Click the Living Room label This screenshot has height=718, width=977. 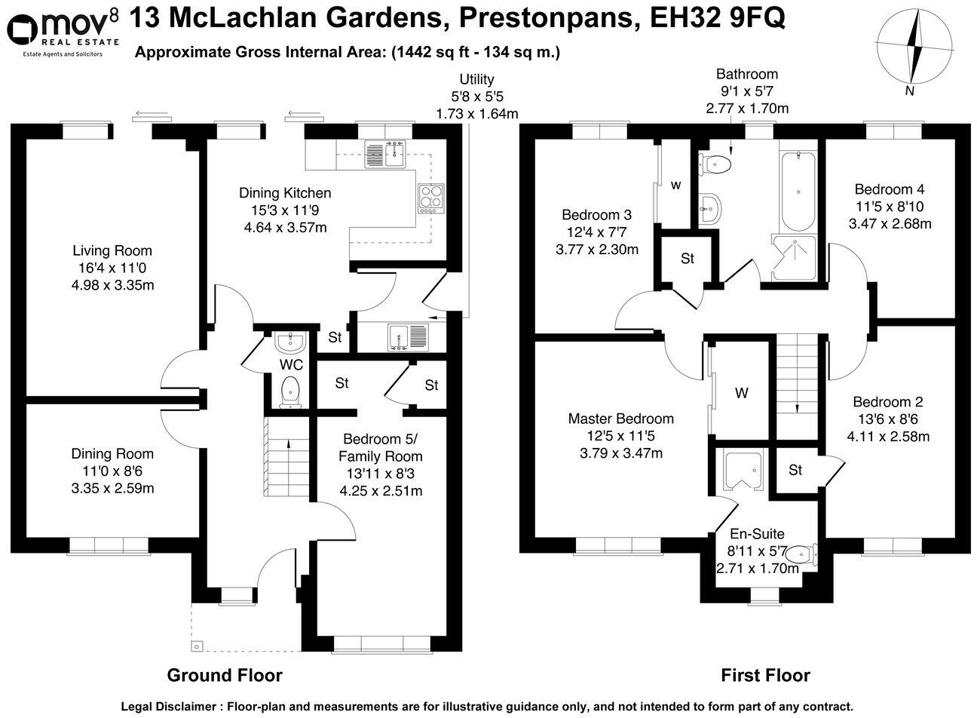[x=112, y=250]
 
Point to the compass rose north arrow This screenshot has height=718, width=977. [x=917, y=51]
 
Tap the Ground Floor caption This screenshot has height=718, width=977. [x=224, y=675]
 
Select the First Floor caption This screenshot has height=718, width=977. [x=765, y=675]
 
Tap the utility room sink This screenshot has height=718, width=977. [x=407, y=336]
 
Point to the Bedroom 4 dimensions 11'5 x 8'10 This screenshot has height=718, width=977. [x=890, y=207]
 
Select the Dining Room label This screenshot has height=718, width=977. [x=112, y=453]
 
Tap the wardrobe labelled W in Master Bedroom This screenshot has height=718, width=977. [x=742, y=393]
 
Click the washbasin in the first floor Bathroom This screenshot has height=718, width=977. [x=710, y=206]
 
